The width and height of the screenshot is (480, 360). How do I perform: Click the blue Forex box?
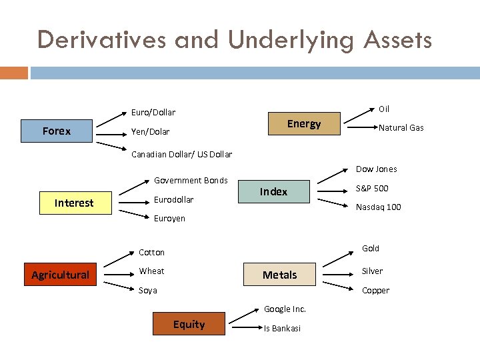click(57, 131)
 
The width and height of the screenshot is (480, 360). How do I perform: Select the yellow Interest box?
click(74, 203)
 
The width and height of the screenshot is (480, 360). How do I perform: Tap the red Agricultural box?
click(61, 275)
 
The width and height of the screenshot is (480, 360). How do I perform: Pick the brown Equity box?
click(189, 324)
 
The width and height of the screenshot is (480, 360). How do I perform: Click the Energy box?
click(304, 123)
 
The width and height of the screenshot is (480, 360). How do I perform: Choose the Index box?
click(274, 191)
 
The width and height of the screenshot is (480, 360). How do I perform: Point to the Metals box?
click(280, 275)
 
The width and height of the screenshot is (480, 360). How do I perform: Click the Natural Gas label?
click(401, 128)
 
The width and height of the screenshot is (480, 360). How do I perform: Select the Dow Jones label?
click(376, 169)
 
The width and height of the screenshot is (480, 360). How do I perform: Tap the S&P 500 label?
click(372, 189)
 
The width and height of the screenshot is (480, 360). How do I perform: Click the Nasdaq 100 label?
click(378, 207)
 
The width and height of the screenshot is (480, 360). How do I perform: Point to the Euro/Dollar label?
click(153, 113)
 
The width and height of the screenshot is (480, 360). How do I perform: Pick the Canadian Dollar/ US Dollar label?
click(181, 155)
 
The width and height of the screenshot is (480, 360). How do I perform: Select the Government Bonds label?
click(191, 181)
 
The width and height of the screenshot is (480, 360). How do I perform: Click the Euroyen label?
click(169, 219)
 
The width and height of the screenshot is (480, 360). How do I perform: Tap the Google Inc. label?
click(285, 309)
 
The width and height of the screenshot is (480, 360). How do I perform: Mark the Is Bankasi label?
click(282, 328)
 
